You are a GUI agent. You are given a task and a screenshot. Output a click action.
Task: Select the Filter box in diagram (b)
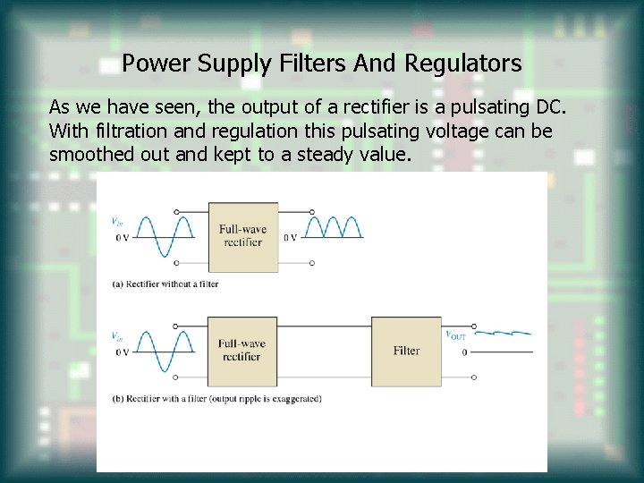[406, 351]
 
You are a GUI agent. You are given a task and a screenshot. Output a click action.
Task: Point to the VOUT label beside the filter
[456, 335]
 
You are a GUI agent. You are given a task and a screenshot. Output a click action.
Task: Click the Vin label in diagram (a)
[116, 221]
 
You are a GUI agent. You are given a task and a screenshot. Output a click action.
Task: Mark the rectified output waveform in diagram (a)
[335, 228]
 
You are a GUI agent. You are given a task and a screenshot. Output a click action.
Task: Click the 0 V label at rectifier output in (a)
[291, 238]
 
